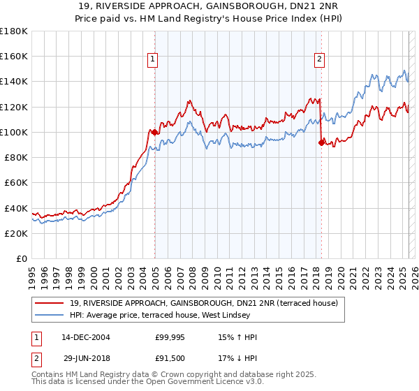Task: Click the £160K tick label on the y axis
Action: [x=14, y=56]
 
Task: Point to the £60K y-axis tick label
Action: [x=16, y=182]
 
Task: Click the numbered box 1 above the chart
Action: [x=152, y=59]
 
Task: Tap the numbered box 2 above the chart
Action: [x=319, y=59]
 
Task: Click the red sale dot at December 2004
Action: [x=154, y=132]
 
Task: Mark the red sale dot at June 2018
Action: [x=321, y=142]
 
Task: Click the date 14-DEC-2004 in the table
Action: [x=86, y=337]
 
